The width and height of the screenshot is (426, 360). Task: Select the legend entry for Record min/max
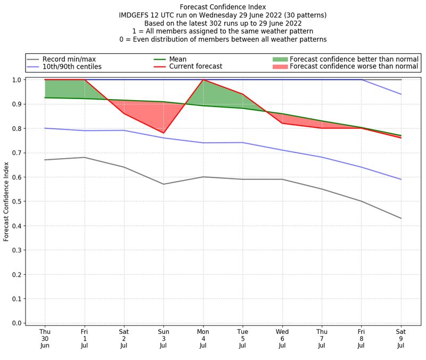(69, 59)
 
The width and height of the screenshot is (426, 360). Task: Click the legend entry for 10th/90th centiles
(72, 67)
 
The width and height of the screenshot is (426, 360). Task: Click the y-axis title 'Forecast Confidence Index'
(6, 201)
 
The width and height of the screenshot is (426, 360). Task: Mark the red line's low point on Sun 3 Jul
(163, 133)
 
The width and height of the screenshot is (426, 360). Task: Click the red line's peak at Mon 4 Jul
(203, 80)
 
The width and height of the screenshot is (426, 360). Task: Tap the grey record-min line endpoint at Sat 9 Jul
(400, 218)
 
